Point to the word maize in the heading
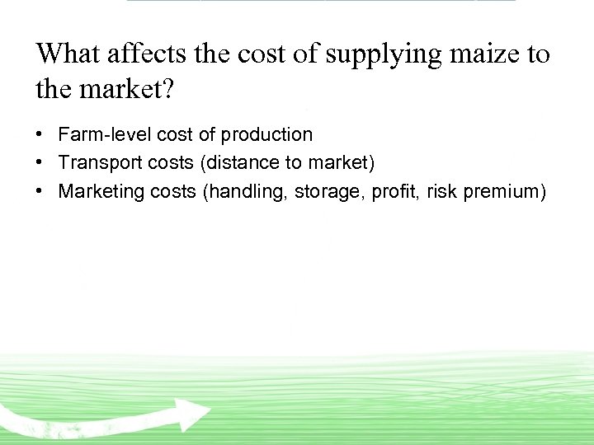point(483,55)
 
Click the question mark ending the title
point(168,88)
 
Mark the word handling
point(243,192)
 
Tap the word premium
point(504,192)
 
